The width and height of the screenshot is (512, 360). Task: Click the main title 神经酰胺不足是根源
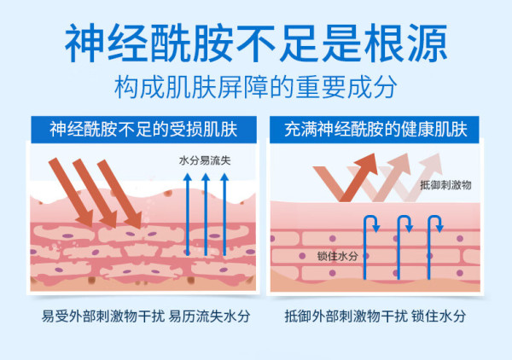click(256, 44)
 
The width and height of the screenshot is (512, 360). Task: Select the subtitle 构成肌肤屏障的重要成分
click(256, 87)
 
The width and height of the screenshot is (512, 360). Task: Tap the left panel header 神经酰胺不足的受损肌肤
click(143, 130)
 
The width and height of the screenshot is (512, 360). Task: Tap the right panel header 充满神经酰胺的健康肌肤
click(375, 130)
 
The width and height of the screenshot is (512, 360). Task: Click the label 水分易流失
click(205, 160)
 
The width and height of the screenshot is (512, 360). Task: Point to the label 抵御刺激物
click(445, 185)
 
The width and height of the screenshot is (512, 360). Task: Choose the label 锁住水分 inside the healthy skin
click(338, 256)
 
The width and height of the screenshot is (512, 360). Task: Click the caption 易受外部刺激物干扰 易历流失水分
click(146, 316)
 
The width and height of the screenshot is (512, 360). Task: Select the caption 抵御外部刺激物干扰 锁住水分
click(375, 316)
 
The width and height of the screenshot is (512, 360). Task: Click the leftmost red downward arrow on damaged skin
click(71, 192)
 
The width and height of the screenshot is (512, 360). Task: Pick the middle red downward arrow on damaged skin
click(95, 193)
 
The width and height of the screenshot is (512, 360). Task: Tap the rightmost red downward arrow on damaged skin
click(119, 194)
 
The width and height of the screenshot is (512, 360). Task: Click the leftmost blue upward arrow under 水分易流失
click(188, 214)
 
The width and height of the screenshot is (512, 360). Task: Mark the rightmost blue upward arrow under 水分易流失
click(224, 214)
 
